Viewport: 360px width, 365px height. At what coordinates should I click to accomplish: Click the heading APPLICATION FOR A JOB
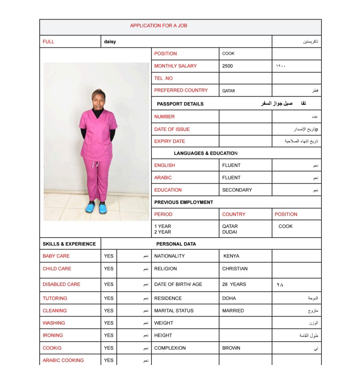[158, 26]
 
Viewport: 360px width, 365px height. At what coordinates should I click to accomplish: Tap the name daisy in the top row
[110, 42]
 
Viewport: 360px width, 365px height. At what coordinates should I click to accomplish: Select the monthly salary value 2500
[227, 66]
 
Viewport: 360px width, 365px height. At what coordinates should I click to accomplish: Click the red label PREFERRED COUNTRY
[181, 90]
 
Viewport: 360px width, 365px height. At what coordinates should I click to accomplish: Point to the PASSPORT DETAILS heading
[180, 104]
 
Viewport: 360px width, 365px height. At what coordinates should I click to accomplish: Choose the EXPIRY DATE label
[169, 141]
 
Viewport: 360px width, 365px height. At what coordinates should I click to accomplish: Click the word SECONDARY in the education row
[237, 190]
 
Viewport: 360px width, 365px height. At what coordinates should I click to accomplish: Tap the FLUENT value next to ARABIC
[231, 178]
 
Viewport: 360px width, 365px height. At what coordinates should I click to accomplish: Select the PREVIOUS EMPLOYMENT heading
[183, 202]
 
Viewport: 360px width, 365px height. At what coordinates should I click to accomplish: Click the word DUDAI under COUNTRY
[229, 232]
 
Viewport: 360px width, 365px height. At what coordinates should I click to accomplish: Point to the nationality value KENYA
[231, 256]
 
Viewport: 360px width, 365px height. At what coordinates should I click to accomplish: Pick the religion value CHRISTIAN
[235, 269]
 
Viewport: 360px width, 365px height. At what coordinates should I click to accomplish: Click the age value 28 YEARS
[234, 284]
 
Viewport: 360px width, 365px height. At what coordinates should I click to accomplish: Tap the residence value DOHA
[229, 298]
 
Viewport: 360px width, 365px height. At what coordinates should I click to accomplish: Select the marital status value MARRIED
[233, 311]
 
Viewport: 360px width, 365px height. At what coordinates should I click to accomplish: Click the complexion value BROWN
[231, 348]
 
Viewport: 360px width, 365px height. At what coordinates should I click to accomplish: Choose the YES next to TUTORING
[109, 298]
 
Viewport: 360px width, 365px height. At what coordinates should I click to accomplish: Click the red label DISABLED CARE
[61, 284]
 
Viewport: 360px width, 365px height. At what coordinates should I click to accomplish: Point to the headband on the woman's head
[99, 91]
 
